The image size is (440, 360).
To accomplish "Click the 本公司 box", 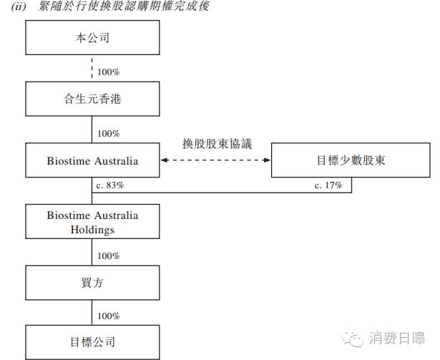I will [x=93, y=38].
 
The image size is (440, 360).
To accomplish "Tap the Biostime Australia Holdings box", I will [x=93, y=222].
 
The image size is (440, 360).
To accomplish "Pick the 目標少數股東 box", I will [x=351, y=160].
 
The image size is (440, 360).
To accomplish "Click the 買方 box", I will [x=93, y=283].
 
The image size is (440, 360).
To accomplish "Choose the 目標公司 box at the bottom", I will [x=93, y=342].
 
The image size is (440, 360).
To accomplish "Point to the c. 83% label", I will [x=110, y=185].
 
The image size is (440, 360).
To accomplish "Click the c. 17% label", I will [x=328, y=185].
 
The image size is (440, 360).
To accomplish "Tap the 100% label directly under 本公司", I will [x=108, y=72].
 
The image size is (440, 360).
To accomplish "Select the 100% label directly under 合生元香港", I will [x=108, y=134].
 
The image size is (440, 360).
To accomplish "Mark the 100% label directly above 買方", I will [x=108, y=256].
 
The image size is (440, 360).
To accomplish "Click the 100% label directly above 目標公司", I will [x=108, y=316].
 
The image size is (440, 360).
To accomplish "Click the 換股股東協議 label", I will [x=216, y=143].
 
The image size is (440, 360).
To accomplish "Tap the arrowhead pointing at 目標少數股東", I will [x=267, y=160].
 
